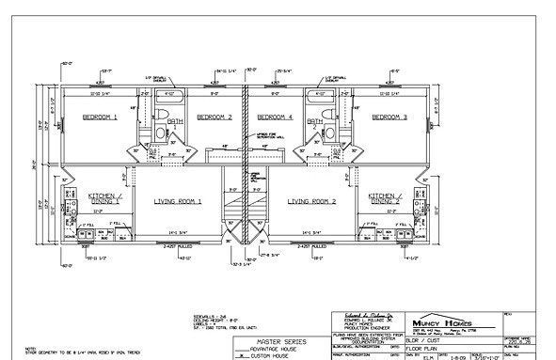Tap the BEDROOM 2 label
214,117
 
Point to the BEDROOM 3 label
389,117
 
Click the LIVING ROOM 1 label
179,202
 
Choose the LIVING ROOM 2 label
311,202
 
